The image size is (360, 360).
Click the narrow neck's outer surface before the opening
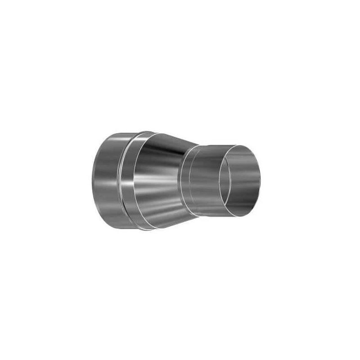pyautogui.click(x=205, y=180)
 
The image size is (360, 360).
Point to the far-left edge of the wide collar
pyautogui.click(x=92, y=180)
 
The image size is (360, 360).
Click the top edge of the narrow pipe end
pyautogui.click(x=216, y=145)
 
